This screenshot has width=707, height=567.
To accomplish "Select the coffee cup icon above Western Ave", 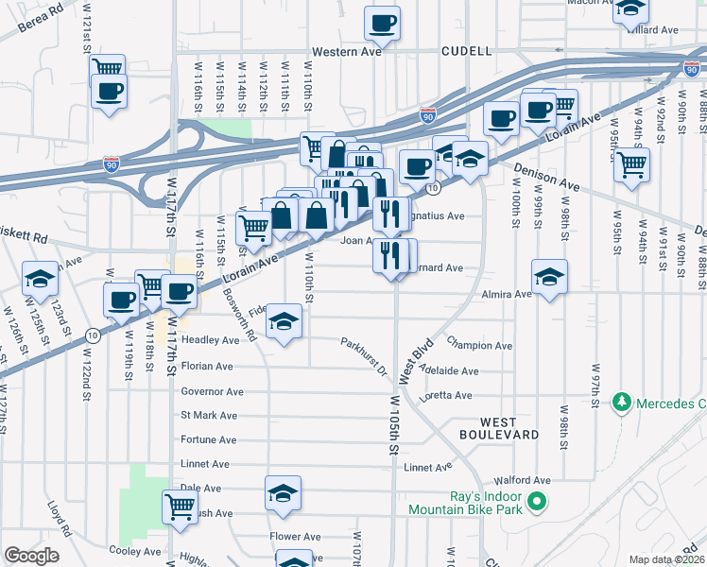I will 382,23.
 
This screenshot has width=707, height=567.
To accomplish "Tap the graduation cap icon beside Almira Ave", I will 549,276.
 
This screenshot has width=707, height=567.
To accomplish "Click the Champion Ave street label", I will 479,346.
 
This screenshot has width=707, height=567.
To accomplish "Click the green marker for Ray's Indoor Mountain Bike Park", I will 538,501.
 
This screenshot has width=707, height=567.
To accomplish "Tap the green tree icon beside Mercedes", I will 622,404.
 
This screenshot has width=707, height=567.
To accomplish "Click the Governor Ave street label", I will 212,391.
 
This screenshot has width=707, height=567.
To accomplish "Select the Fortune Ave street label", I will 208,439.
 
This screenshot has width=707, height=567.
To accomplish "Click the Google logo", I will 32,555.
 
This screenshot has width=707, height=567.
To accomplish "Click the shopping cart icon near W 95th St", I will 631,164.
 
